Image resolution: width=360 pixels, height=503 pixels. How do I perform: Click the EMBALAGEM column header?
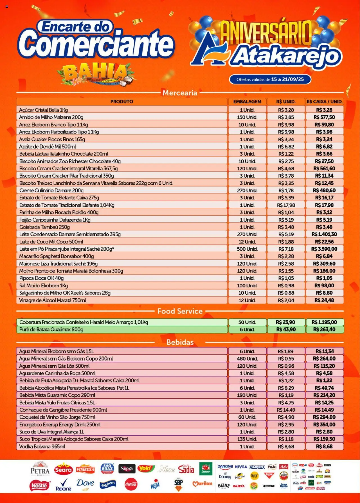[x=247, y=102]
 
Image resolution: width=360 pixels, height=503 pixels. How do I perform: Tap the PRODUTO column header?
[x=121, y=102]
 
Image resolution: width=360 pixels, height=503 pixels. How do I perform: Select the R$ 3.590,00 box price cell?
[x=324, y=249]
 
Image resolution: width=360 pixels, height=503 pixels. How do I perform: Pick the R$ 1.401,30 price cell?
[x=324, y=234]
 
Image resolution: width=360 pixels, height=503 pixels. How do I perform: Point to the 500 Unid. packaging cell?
[x=247, y=249]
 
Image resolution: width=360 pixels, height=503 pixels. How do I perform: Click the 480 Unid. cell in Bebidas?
[x=247, y=359]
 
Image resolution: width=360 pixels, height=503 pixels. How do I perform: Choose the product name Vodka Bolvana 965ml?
[x=42, y=446]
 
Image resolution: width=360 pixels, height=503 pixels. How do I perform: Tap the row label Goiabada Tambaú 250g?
[x=44, y=227]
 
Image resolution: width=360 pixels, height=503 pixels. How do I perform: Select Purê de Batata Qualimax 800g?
[x=51, y=329]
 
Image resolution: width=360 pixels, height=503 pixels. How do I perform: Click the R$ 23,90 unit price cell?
[x=285, y=322]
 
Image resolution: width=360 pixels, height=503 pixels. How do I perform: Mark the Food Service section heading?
[x=180, y=311]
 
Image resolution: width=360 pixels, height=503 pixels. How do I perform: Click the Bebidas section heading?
[x=180, y=342]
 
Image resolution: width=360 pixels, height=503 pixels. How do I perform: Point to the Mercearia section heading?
[x=180, y=93]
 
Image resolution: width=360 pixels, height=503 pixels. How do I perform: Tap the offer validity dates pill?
[x=270, y=79]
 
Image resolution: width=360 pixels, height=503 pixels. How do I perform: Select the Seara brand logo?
[x=64, y=470]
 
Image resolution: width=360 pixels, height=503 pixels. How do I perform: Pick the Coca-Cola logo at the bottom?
[x=131, y=484]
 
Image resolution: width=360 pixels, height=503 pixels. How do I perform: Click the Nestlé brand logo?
[x=39, y=485]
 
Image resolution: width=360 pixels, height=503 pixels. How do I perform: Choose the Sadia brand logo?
[x=186, y=469]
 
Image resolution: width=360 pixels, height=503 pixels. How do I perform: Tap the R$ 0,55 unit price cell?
[x=286, y=359]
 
